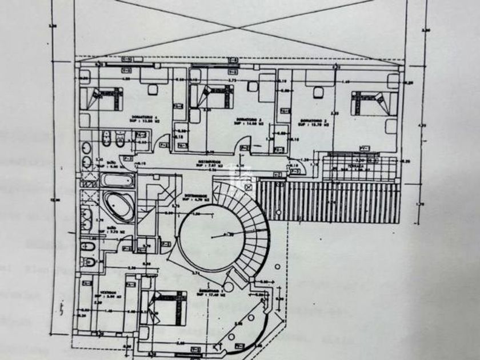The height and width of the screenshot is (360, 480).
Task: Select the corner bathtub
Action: [118, 206]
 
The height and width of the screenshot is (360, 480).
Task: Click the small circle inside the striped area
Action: [281, 185]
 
